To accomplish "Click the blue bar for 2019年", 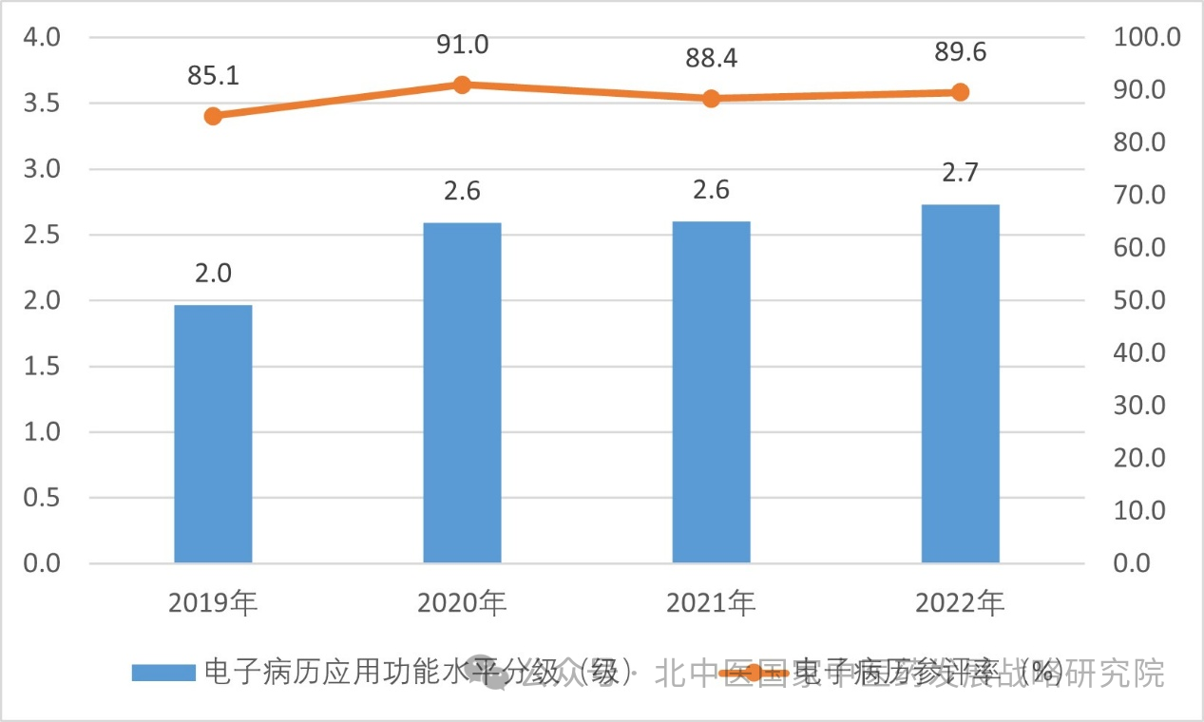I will pos(213,434).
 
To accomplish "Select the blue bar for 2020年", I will pos(462,392).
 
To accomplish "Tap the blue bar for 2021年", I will pos(711,392).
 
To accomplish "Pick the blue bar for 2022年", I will pos(960,384).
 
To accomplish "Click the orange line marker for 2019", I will pos(213,116).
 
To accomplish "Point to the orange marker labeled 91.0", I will pos(462,85).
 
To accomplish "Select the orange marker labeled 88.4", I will pos(711,99).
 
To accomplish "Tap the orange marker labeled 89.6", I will pos(960,92).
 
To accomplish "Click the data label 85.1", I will pos(213,77).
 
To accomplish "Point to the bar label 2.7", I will pos(960,173).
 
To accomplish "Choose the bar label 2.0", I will pos(213,274).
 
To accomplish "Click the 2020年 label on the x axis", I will pos(462,602).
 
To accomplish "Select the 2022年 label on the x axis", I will pos(960,602).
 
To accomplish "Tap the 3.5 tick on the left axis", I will pos(41,104).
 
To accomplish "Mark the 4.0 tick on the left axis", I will pos(41,38).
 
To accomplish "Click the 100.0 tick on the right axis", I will pos(1145,38).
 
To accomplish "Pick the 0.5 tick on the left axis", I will pos(41,498).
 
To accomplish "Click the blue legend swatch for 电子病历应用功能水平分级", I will pos(164,673).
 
